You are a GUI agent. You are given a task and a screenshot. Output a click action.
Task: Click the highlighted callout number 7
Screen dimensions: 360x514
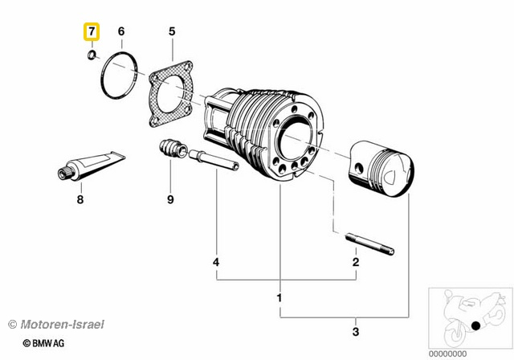coord(92,33)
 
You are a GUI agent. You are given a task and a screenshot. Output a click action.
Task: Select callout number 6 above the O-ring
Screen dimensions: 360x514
coord(121,32)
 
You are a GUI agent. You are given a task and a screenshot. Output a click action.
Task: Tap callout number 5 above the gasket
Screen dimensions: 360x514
coord(171,32)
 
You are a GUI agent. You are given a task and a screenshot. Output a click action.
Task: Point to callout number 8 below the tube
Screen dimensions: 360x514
coord(80,199)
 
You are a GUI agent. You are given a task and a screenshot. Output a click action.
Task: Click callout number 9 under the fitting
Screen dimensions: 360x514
coord(170,199)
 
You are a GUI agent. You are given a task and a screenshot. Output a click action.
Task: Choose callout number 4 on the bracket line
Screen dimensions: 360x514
coord(216,262)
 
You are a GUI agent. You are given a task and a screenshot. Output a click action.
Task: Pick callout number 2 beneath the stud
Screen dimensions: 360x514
coord(355,262)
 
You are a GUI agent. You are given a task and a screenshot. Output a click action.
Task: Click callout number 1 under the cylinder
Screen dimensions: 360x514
coord(279,298)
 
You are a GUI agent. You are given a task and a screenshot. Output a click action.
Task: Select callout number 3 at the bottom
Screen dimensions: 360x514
coord(355,329)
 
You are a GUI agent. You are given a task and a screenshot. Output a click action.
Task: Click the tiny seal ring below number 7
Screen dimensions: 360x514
coord(92,55)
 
